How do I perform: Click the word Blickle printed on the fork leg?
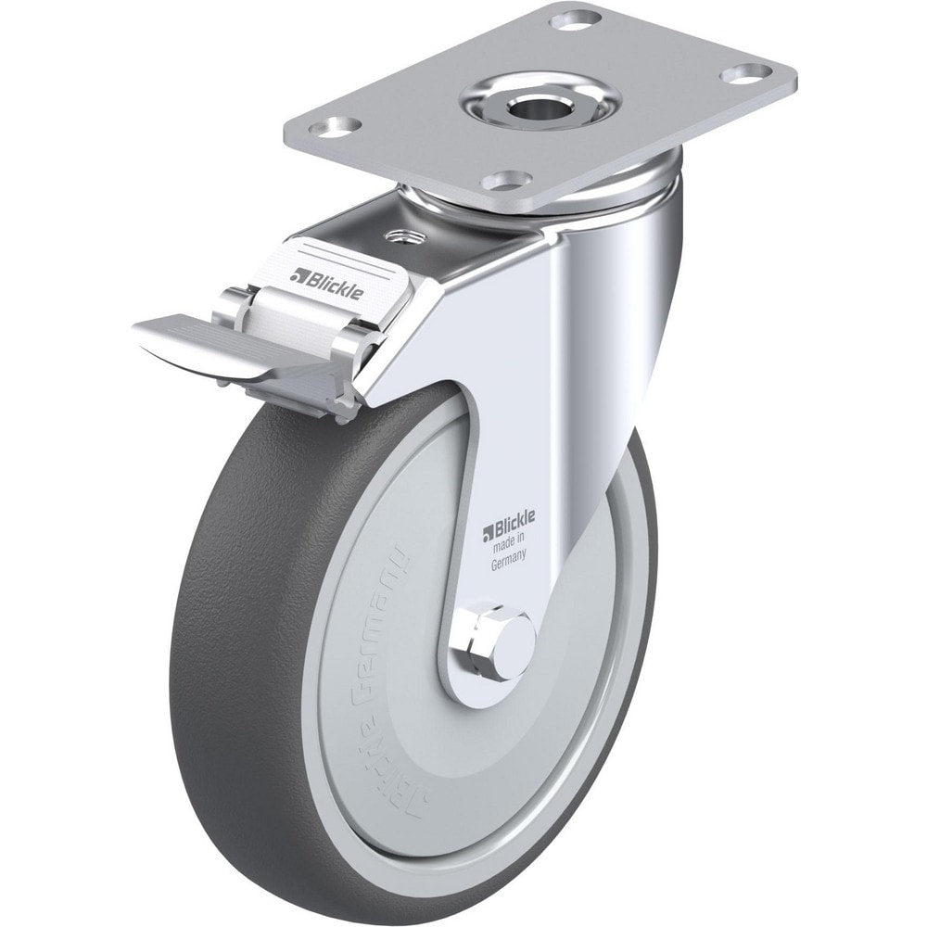pos(510,529)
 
